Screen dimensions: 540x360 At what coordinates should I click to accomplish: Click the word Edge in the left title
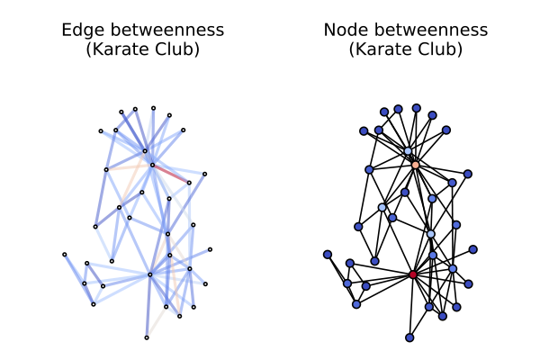[x=78, y=31]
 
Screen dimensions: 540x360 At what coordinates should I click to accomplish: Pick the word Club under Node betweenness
[x=442, y=49]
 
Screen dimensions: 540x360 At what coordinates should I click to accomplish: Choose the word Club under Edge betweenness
[x=179, y=49]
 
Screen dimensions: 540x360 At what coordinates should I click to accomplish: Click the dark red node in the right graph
[x=413, y=274]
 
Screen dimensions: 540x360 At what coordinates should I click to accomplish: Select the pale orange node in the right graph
[x=415, y=165]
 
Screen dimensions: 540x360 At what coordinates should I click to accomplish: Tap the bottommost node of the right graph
[x=409, y=337]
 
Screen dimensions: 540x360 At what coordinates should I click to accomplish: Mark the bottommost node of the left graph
[x=147, y=337]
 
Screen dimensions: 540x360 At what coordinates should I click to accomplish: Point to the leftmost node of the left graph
[x=65, y=254]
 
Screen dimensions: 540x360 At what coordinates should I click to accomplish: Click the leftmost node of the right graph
[x=328, y=254]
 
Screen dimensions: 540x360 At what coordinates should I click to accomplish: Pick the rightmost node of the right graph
[x=473, y=249]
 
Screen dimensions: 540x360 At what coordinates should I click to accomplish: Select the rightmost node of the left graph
[x=211, y=249]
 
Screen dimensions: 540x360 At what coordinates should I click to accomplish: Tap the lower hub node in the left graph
[x=150, y=274]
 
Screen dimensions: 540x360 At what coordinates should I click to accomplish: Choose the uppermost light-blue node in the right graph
[x=408, y=151]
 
